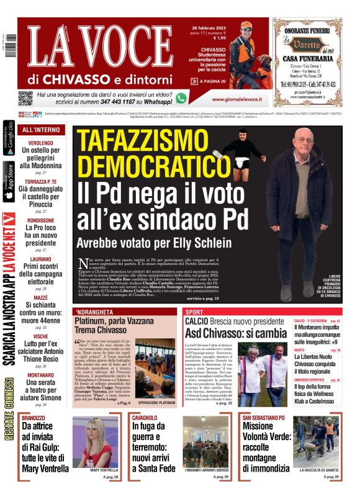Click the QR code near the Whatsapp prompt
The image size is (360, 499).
tap(25, 98)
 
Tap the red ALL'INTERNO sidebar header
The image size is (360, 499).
tap(41, 130)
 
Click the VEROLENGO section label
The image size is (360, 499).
tap(41, 143)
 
